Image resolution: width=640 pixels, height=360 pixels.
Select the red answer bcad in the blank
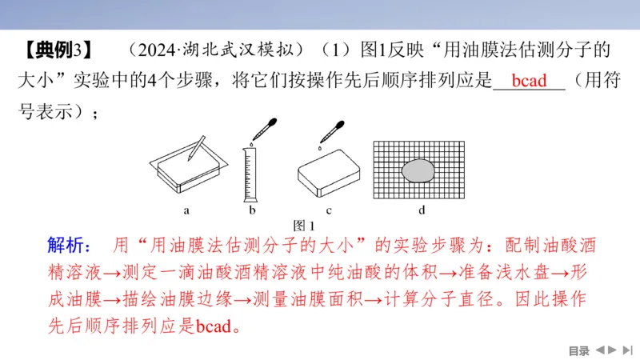(529, 82)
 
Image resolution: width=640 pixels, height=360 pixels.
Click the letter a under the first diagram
(186, 210)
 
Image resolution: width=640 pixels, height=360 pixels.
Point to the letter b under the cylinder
(252, 210)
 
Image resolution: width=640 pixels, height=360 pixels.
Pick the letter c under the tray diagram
(329, 210)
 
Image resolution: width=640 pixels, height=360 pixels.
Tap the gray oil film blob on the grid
(418, 170)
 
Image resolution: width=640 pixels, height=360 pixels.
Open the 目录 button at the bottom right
(578, 350)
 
